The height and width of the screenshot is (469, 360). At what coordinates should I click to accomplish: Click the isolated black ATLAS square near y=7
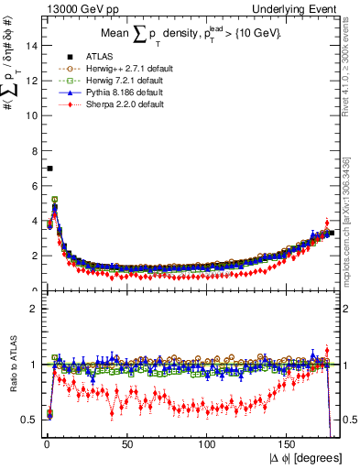49,169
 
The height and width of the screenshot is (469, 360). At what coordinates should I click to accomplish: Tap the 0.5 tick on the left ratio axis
29,420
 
